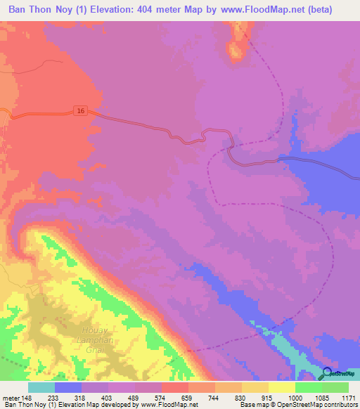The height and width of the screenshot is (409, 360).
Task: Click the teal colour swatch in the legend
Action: coord(41,387)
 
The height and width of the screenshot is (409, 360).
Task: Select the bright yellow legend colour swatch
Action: coord(282,387)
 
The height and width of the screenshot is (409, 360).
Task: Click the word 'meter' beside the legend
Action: coord(10,396)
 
